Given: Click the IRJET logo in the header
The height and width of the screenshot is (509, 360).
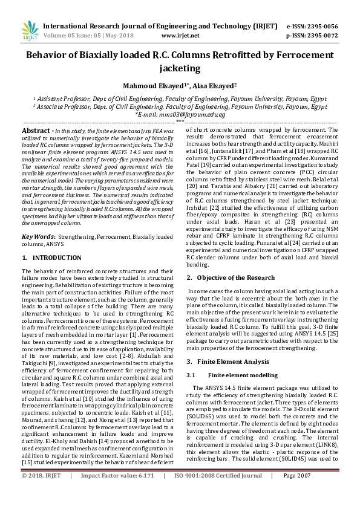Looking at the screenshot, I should coord(30,30).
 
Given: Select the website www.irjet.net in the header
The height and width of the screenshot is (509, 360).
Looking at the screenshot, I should coord(179,36).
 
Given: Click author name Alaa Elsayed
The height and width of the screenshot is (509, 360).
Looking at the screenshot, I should coord(214,86).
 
